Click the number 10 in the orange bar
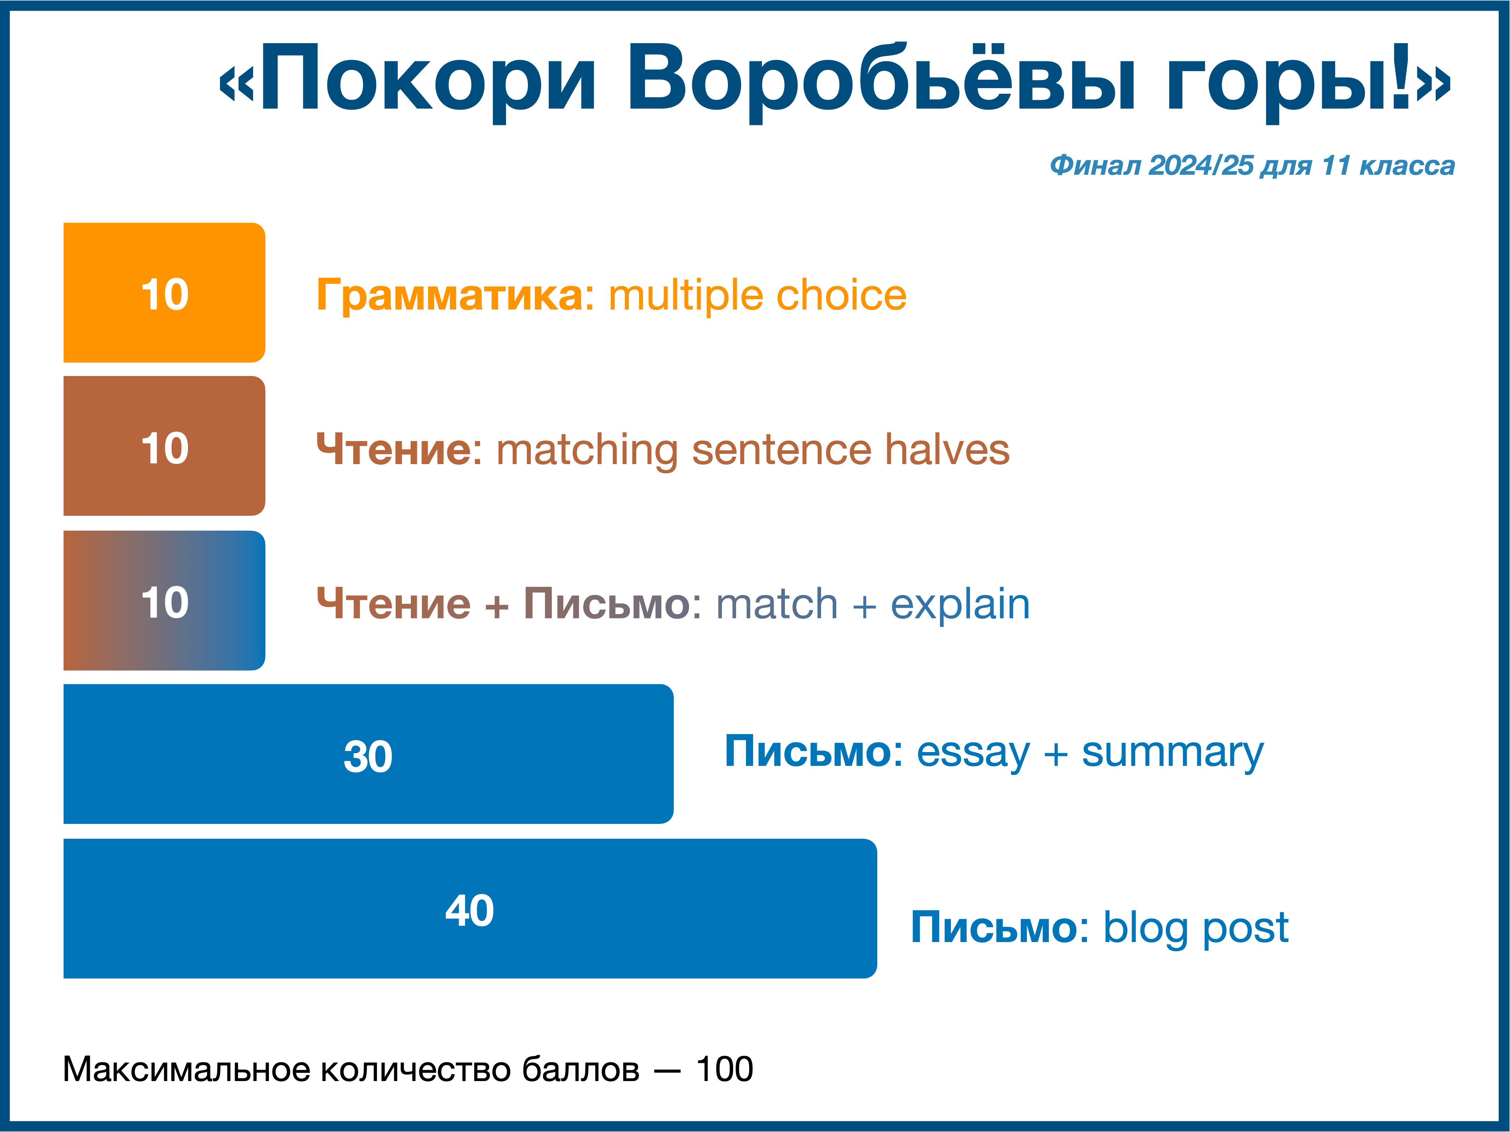coord(165,295)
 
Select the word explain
coord(960,605)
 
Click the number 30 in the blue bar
coord(368,756)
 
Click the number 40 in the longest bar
coord(470,910)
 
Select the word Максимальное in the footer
coord(187,1069)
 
